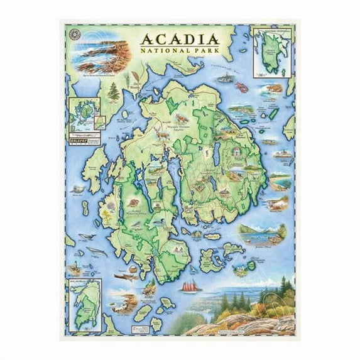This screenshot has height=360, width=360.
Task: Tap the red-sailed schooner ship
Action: pyautogui.click(x=191, y=286)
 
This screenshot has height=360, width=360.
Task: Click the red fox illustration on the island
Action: pyautogui.click(x=182, y=117)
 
